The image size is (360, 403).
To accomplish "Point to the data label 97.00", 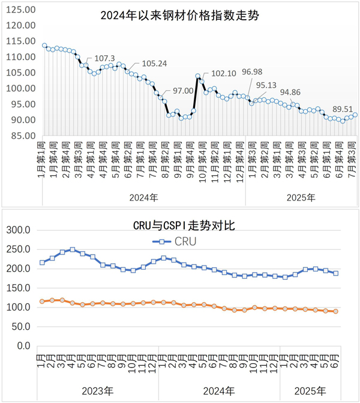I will [x=183, y=91].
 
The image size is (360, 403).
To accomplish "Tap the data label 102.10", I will [x=224, y=73].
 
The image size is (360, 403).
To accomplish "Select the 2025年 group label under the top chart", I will [x=301, y=197].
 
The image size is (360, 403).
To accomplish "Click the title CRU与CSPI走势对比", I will [x=182, y=226].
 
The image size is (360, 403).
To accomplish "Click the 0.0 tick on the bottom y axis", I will [x=23, y=346].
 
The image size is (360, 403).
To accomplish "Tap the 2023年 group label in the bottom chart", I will [x=99, y=391].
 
